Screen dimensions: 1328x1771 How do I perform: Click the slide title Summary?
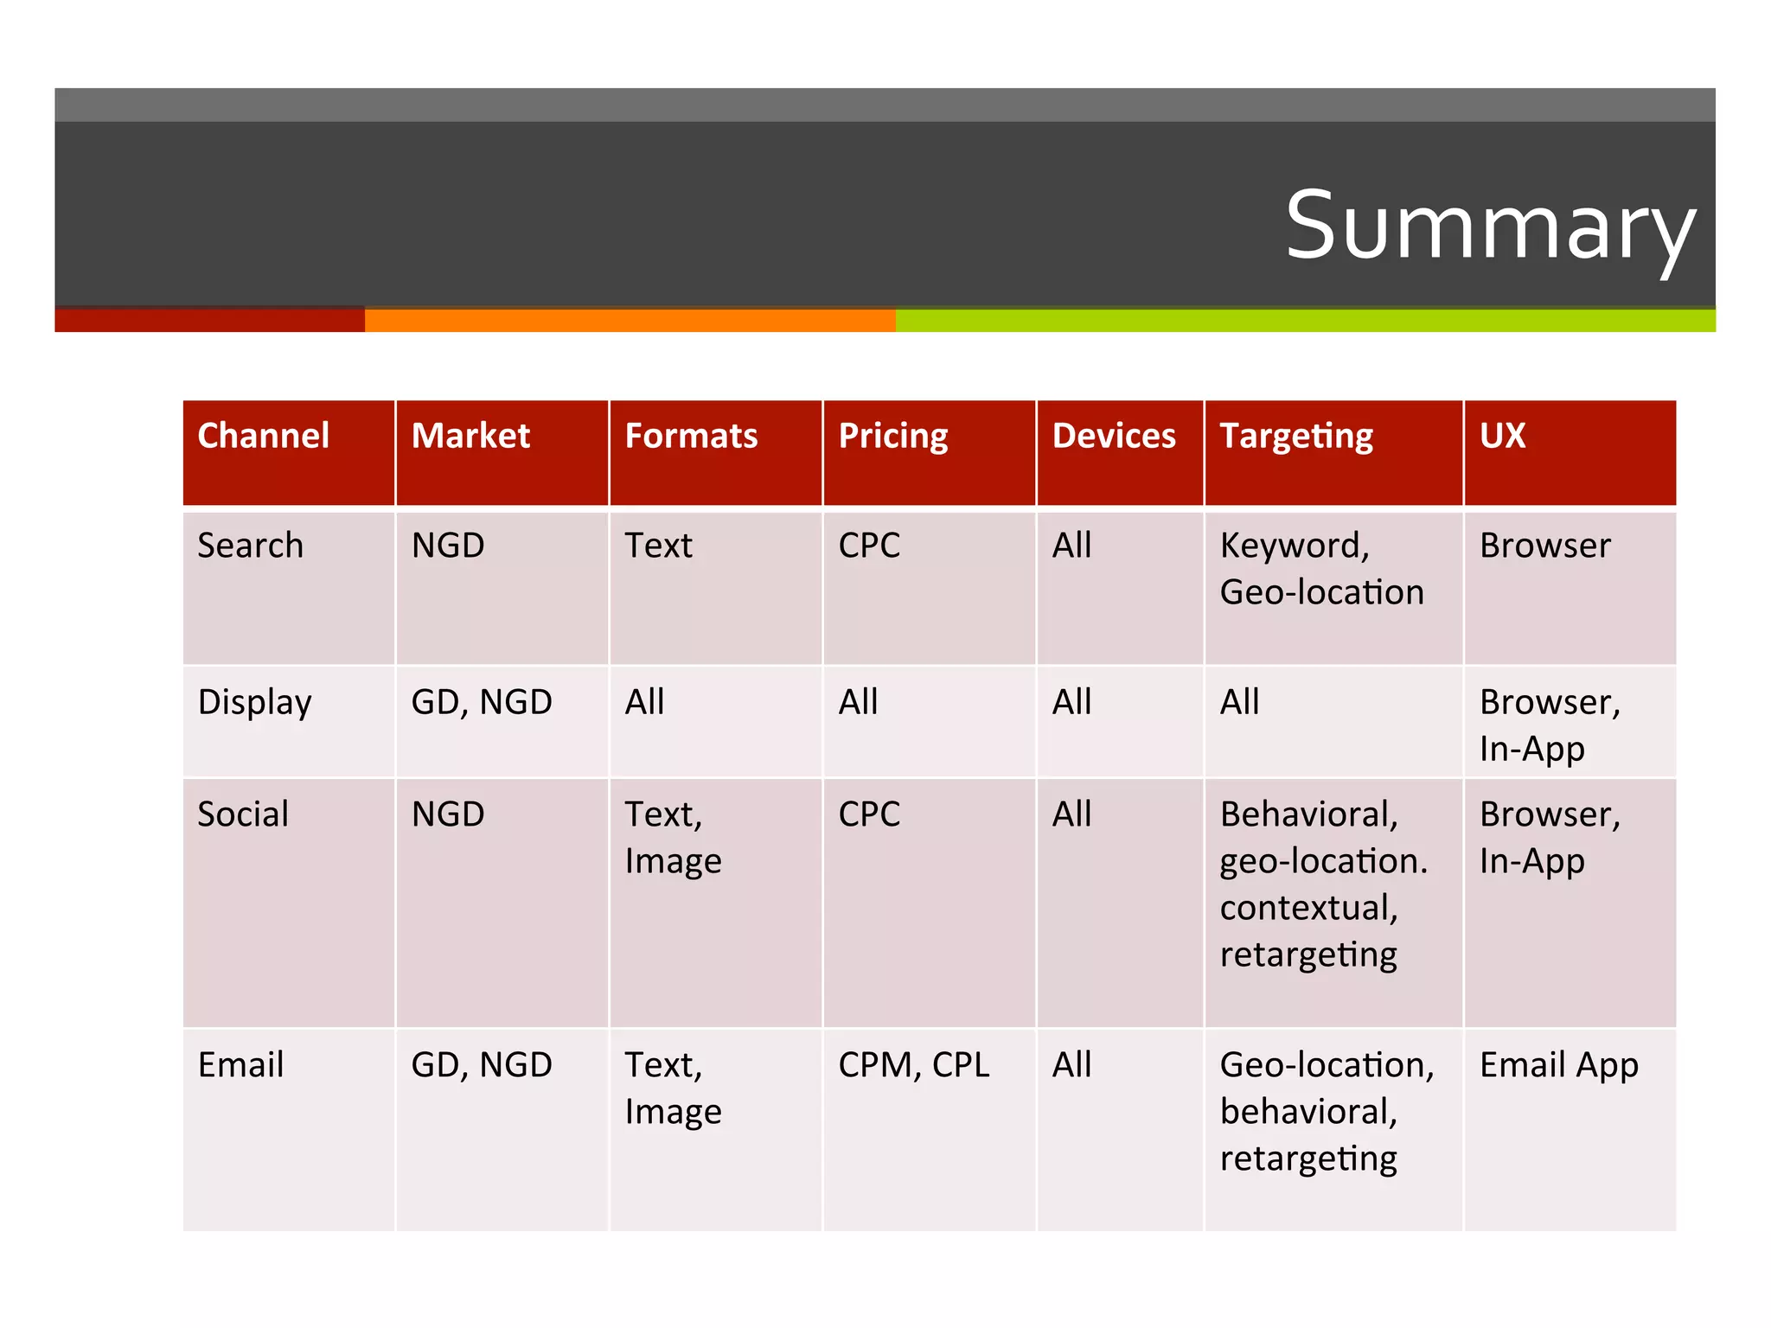pyautogui.click(x=1489, y=227)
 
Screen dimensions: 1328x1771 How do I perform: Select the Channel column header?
pyautogui.click(x=264, y=436)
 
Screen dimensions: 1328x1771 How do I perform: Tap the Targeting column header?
pyautogui.click(x=1295, y=436)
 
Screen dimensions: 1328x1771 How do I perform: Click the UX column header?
pyautogui.click(x=1502, y=436)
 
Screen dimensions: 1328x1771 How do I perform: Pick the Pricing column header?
pyautogui.click(x=893, y=436)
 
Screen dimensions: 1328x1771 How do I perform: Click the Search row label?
pyautogui.click(x=251, y=546)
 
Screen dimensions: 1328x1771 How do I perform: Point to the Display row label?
pyautogui.click(x=254, y=702)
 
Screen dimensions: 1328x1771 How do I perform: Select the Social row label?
pyautogui.click(x=243, y=814)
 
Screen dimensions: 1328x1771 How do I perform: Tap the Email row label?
pyautogui.click(x=240, y=1065)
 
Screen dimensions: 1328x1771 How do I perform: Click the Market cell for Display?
pyautogui.click(x=482, y=702)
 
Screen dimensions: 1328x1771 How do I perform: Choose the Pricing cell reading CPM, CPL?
pyautogui.click(x=914, y=1065)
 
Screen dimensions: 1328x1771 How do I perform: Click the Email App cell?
pyautogui.click(x=1558, y=1065)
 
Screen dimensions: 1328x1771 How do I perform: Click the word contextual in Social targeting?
pyautogui.click(x=1308, y=908)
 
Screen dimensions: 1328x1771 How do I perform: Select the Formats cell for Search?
pyautogui.click(x=659, y=546)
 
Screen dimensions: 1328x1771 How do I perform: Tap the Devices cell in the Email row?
pyautogui.click(x=1071, y=1065)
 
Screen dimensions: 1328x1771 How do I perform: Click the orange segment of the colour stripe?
pyautogui.click(x=630, y=321)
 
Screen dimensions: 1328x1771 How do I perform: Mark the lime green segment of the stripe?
pyautogui.click(x=1304, y=321)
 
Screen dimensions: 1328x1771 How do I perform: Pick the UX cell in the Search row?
pyautogui.click(x=1545, y=546)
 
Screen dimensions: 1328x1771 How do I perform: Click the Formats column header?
pyautogui.click(x=691, y=436)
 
